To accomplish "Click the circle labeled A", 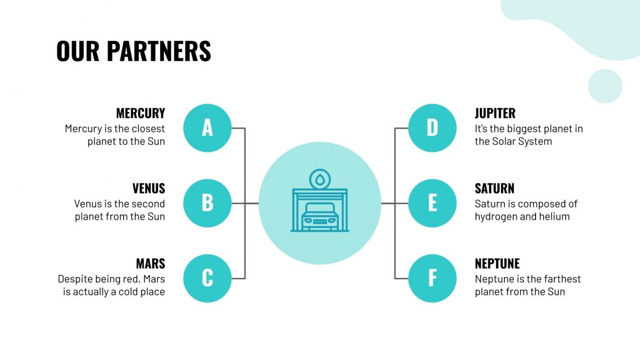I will pyautogui.click(x=207, y=128).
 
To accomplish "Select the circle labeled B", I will pyautogui.click(x=207, y=203).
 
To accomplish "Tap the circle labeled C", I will pyautogui.click(x=207, y=278).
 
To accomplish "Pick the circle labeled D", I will pyautogui.click(x=432, y=128).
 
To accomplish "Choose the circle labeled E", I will pyautogui.click(x=432, y=203).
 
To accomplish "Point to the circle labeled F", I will pyautogui.click(x=432, y=278).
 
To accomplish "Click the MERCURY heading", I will pyautogui.click(x=140, y=113).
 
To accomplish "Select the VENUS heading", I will pyautogui.click(x=149, y=188).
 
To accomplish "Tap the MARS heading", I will pyautogui.click(x=150, y=263).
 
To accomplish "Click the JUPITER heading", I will pyautogui.click(x=495, y=113).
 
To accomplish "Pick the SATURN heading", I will pyautogui.click(x=494, y=188).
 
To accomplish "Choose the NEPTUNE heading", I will pyautogui.click(x=497, y=263).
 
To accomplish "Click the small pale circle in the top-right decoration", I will pyautogui.click(x=605, y=86).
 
